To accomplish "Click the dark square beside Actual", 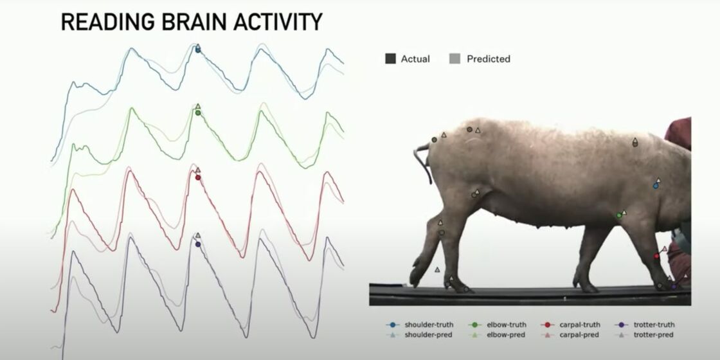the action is click(x=390, y=59).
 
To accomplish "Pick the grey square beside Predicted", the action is click(x=455, y=59).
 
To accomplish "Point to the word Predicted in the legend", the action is click(x=489, y=59).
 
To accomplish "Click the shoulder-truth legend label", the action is click(x=429, y=325).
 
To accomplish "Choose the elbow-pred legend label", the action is click(x=506, y=335).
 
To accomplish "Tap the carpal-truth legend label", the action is click(x=579, y=325).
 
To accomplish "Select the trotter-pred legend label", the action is click(x=653, y=335).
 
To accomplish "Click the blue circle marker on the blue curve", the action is click(x=198, y=50).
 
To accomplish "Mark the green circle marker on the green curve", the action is click(x=198, y=113).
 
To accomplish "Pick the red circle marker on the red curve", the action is click(x=198, y=177).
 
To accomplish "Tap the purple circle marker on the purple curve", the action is click(x=198, y=244).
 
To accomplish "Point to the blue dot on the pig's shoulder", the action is click(x=656, y=186).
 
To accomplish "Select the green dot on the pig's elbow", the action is click(x=619, y=215).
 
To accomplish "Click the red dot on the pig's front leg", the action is click(x=656, y=256).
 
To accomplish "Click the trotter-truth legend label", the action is click(x=654, y=325).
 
